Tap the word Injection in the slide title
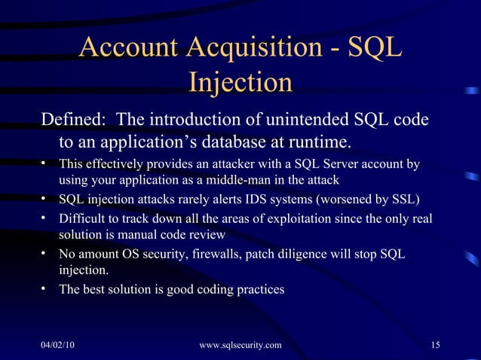click(240, 82)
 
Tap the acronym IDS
click(246, 200)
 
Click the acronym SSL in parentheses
click(401, 200)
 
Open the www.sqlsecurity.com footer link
click(240, 345)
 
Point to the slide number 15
click(435, 345)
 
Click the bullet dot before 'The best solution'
click(45, 288)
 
